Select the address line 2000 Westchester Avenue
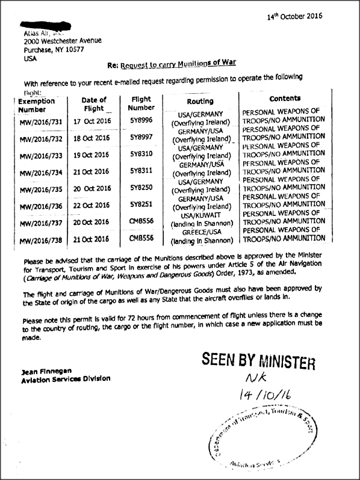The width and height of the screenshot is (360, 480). (x=63, y=42)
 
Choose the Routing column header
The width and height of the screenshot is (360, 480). (x=196, y=102)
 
